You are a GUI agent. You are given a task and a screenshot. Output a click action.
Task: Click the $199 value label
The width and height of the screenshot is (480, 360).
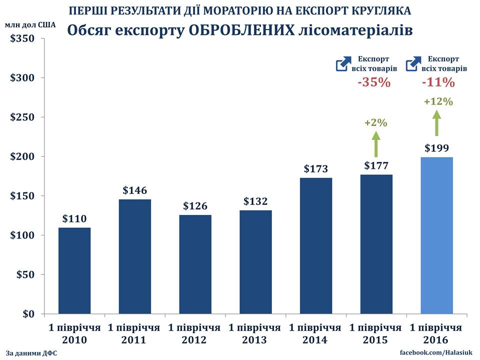point(437,148)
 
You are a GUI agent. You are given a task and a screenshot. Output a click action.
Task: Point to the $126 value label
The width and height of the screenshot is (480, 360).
point(195,205)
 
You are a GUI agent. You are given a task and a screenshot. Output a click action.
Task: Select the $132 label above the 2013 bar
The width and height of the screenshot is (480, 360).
point(255,201)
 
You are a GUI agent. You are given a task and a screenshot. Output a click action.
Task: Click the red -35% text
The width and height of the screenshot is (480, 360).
point(373,82)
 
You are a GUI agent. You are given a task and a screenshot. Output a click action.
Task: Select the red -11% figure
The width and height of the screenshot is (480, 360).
point(438,82)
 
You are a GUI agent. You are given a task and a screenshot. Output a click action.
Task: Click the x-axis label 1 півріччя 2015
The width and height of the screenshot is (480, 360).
point(376,334)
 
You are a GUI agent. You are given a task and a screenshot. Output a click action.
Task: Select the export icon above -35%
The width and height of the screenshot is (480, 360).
point(343,63)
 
